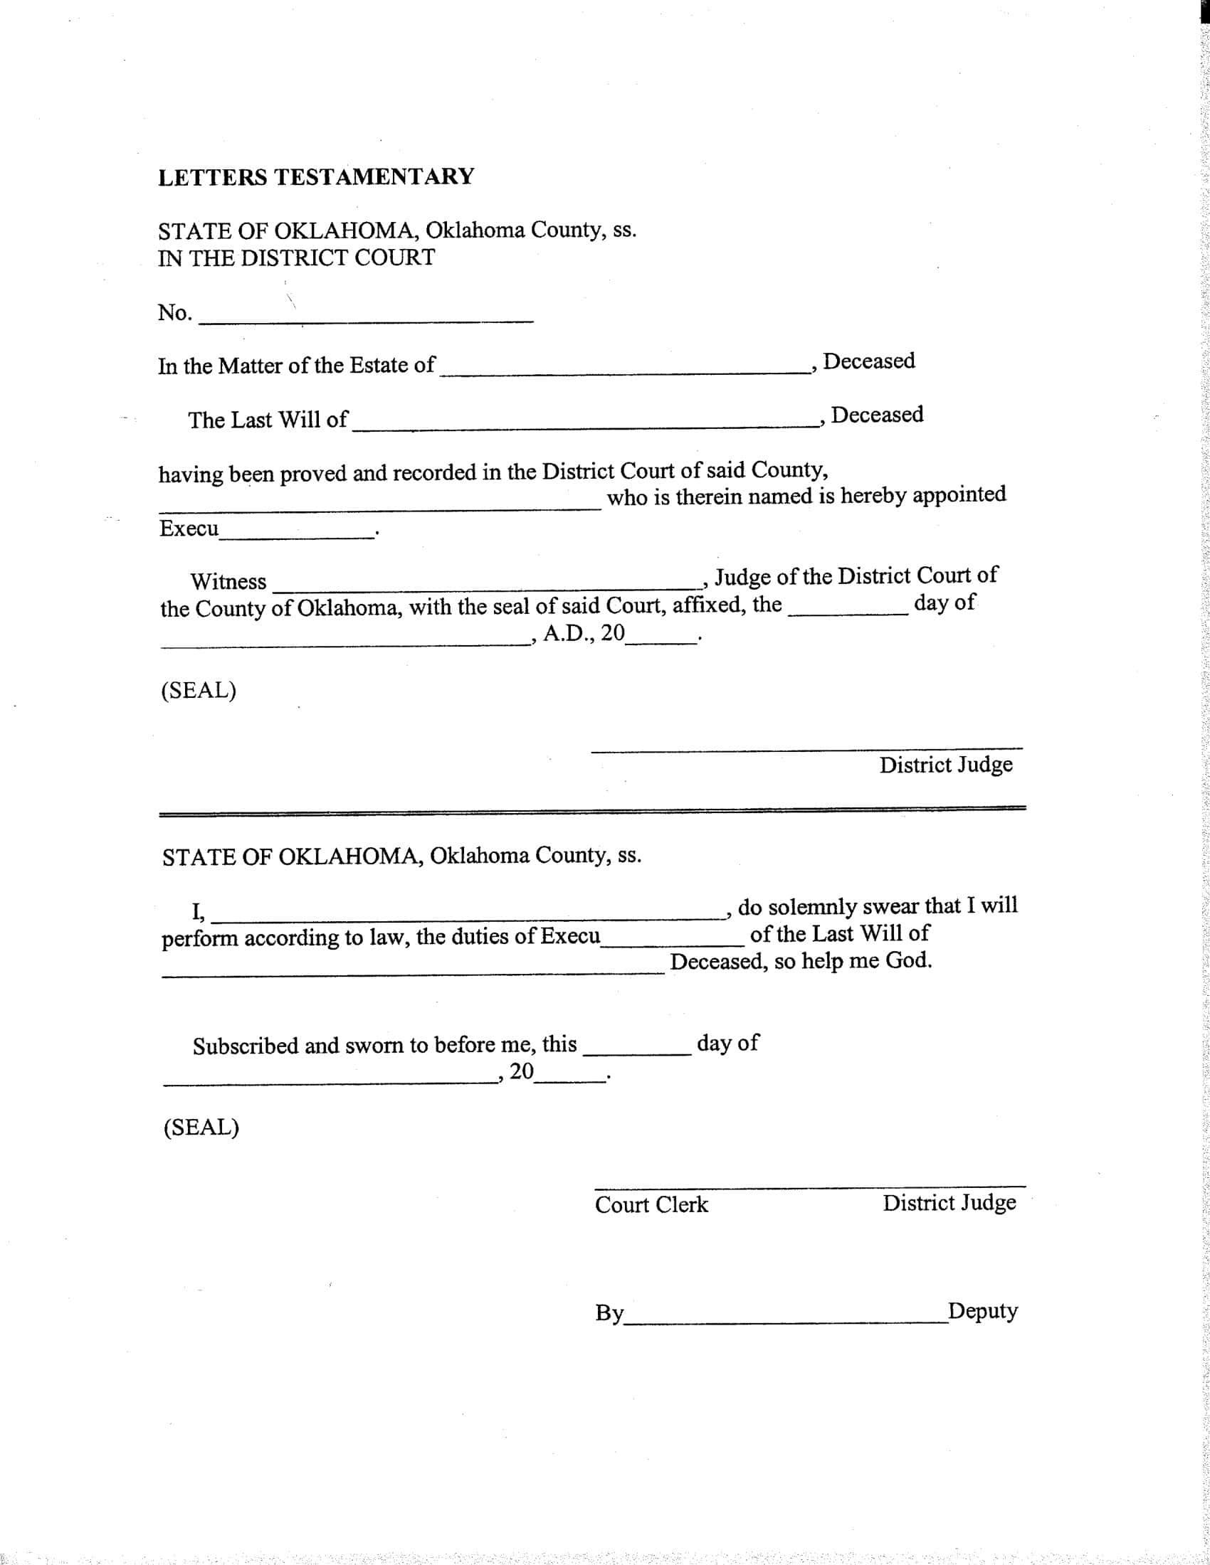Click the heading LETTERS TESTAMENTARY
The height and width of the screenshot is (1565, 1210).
coord(316,177)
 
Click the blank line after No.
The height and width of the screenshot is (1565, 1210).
coord(366,320)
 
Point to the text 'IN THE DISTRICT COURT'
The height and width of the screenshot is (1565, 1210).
coord(296,258)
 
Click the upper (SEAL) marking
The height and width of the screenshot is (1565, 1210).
coord(199,690)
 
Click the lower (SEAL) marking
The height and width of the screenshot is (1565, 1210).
coord(201,1128)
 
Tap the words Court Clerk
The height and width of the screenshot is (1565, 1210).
coord(651,1204)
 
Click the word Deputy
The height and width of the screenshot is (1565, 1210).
coord(982,1310)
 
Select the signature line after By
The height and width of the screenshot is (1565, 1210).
coord(785,1322)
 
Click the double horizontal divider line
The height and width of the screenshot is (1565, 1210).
coord(592,810)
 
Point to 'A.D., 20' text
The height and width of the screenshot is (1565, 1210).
coord(584,633)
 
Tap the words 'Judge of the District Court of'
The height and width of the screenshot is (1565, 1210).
coord(856,575)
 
